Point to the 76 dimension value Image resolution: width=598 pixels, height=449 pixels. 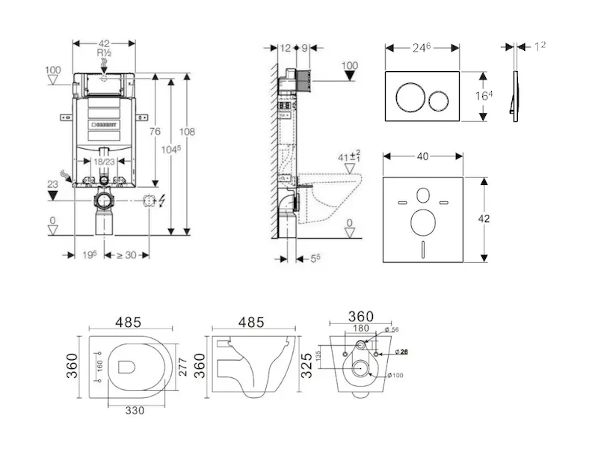pos(155,132)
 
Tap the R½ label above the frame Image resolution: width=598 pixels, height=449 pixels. pos(104,54)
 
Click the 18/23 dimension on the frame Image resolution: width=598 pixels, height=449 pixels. pos(104,161)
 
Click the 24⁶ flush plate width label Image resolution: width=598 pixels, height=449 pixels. pos(422,47)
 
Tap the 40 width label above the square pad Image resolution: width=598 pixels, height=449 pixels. pos(422,156)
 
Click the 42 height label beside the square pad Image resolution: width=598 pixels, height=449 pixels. pos(484,219)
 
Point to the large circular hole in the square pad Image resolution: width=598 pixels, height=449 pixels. pos(422,223)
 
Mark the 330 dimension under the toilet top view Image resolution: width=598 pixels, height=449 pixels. pos(135,409)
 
